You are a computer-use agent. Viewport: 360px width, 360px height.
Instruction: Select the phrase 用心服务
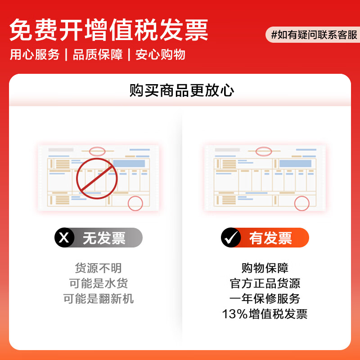(35, 55)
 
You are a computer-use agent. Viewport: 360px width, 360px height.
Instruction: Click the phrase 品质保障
(98, 55)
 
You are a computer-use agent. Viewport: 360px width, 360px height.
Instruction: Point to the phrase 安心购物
(160, 55)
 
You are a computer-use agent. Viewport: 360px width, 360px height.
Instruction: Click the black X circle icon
(64, 238)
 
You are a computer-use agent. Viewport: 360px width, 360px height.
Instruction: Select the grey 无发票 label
(104, 238)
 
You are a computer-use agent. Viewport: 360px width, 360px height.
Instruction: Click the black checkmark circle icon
(231, 238)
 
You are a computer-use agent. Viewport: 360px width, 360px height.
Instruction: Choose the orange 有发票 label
(271, 238)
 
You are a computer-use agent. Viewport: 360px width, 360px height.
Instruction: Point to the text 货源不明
(98, 268)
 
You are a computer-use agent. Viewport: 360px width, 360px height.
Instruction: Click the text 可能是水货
(98, 283)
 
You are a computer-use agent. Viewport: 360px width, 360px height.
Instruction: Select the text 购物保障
(265, 268)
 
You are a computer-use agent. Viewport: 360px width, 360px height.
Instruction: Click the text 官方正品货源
(265, 283)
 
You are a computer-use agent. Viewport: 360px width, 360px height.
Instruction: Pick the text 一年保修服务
(265, 299)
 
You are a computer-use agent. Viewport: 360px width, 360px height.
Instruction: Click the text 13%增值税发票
(265, 314)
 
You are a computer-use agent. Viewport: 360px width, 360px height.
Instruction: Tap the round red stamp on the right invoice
(302, 203)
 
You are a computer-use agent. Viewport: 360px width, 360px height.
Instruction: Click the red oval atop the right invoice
(264, 151)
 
